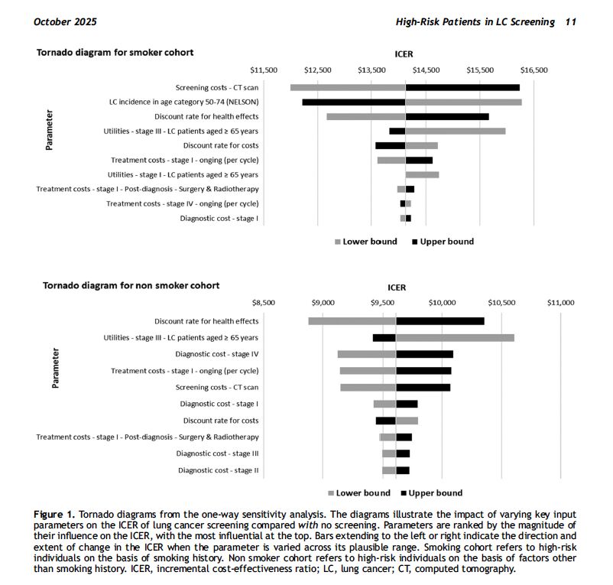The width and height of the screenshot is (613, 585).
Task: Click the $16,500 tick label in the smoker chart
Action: tap(534, 70)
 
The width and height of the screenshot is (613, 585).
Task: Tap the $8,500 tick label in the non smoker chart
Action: tap(264, 303)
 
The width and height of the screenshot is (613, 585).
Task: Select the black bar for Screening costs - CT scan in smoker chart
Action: tap(462, 88)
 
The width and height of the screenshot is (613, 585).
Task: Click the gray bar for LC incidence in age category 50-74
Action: tap(464, 102)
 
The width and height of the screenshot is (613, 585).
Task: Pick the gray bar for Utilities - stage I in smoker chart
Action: tap(422, 175)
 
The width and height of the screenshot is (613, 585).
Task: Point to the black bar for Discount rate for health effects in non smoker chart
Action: tap(440, 321)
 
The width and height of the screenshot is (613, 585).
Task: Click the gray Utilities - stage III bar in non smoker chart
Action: tap(455, 338)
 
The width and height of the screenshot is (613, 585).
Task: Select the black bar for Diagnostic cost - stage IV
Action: tap(424, 354)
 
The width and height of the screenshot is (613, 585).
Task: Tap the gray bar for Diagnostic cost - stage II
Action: tap(389, 470)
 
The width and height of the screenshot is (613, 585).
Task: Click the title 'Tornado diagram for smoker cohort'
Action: tap(115, 53)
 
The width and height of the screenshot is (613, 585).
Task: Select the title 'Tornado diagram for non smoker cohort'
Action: tap(131, 285)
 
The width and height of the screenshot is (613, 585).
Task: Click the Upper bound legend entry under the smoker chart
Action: tap(443, 242)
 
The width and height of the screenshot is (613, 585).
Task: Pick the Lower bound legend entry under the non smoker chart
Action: tap(359, 493)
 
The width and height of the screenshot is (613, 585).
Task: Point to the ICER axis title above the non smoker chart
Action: tap(397, 288)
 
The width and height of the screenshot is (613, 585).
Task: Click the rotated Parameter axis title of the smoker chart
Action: tap(49, 130)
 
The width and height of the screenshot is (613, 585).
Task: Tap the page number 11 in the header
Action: tap(571, 22)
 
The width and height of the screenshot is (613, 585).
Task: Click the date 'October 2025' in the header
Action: tap(65, 22)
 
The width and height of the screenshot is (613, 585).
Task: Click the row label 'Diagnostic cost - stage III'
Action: tap(217, 453)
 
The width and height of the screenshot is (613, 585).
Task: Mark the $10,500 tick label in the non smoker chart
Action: tap(501, 303)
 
